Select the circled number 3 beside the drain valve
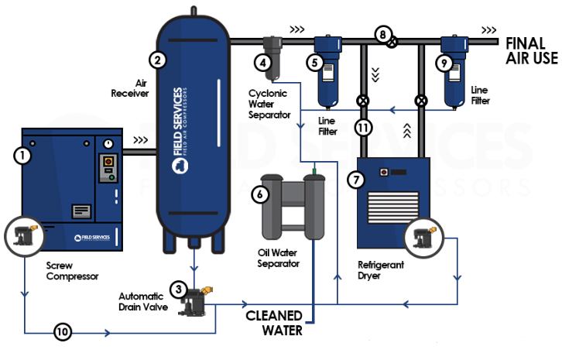pos(180,290)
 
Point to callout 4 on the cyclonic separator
pos(265,63)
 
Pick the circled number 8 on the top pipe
pos(381,33)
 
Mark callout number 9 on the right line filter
pos(444,63)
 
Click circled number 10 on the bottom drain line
pos(63,333)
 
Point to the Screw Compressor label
pos(74,269)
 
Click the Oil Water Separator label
pos(278,258)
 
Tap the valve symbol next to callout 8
pos(392,41)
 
